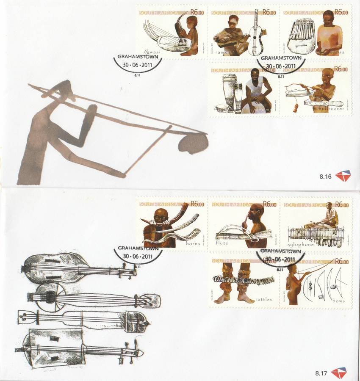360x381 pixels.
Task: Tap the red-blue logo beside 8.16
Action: click(343, 175)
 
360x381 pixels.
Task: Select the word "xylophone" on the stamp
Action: click(301, 244)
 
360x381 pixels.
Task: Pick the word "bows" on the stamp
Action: click(339, 301)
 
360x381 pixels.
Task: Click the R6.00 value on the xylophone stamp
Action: click(341, 204)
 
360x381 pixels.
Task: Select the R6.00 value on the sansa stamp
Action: click(341, 13)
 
